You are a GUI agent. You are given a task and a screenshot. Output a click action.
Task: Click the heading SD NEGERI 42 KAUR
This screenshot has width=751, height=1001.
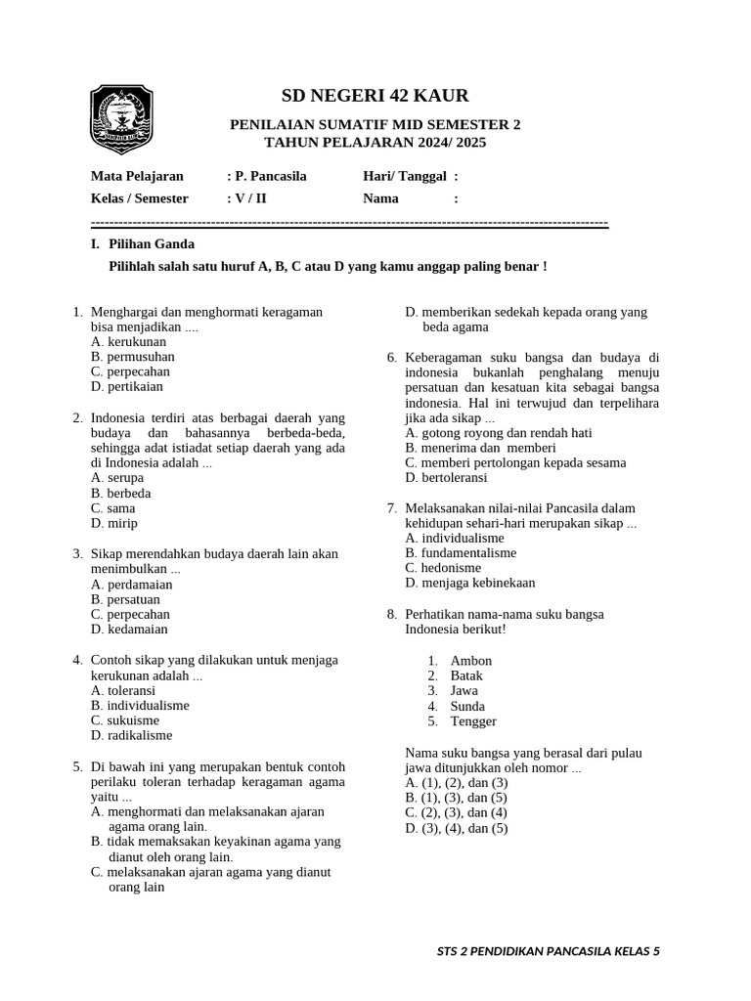375,96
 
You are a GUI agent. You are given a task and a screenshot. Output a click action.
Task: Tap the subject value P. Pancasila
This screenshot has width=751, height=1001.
266,176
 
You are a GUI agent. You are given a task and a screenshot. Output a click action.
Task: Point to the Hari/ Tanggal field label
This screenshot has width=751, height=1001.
405,176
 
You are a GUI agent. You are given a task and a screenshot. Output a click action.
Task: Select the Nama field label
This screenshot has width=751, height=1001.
380,198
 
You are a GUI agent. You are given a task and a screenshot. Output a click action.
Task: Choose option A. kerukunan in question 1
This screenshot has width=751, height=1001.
128,342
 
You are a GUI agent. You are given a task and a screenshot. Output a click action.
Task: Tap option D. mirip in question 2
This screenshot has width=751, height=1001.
113,523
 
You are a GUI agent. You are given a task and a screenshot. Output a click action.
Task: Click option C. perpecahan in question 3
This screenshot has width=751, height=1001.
130,614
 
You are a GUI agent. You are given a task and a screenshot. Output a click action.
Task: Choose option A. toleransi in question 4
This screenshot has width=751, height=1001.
125,690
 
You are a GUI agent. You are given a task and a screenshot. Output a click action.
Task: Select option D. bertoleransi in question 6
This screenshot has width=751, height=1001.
445,478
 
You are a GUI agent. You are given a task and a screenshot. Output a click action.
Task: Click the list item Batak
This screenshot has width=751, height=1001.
466,675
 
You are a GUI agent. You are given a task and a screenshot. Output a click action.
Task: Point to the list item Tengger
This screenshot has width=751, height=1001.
473,721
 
